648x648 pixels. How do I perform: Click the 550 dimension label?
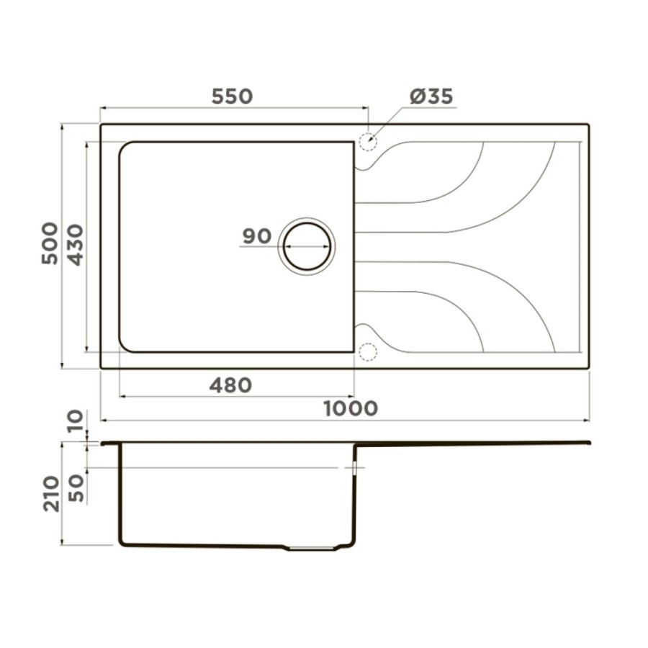pos(232,96)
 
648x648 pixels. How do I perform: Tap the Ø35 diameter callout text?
pos(431,96)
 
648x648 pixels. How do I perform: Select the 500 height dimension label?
pos(50,243)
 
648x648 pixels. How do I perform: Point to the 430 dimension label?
pos(75,245)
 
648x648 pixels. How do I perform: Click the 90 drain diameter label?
pos(256,236)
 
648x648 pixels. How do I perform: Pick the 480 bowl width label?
pos(230,386)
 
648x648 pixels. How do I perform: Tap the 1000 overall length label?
pos(351,409)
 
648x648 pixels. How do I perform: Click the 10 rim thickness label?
pos(75,421)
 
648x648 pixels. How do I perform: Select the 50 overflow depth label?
pos(76,488)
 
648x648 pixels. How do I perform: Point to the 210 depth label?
pos(52,494)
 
